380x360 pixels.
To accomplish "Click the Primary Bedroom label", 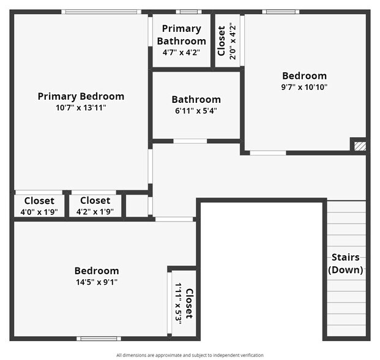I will click(x=81, y=96).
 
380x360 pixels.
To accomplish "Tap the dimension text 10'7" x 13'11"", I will click(x=81, y=108).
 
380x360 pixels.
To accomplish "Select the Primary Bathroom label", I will click(x=181, y=35).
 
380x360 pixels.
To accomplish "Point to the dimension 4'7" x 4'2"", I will click(x=181, y=53).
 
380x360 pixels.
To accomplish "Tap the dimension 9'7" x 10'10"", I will click(x=304, y=87).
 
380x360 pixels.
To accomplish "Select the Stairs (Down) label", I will click(x=345, y=263).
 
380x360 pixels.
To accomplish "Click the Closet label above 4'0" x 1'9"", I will click(x=39, y=201).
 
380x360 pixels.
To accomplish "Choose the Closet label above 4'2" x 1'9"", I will click(x=95, y=201).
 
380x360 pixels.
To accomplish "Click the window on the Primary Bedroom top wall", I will click(x=101, y=12).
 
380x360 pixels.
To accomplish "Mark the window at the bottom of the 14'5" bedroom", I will click(x=99, y=338).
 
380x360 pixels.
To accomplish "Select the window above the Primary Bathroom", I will click(x=188, y=12).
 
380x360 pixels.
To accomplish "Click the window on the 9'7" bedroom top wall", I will click(x=281, y=12).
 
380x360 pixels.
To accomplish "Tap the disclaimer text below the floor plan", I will click(x=190, y=355).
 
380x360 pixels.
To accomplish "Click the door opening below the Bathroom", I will click(x=190, y=141).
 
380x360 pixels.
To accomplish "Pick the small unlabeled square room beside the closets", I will click(x=137, y=206).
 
